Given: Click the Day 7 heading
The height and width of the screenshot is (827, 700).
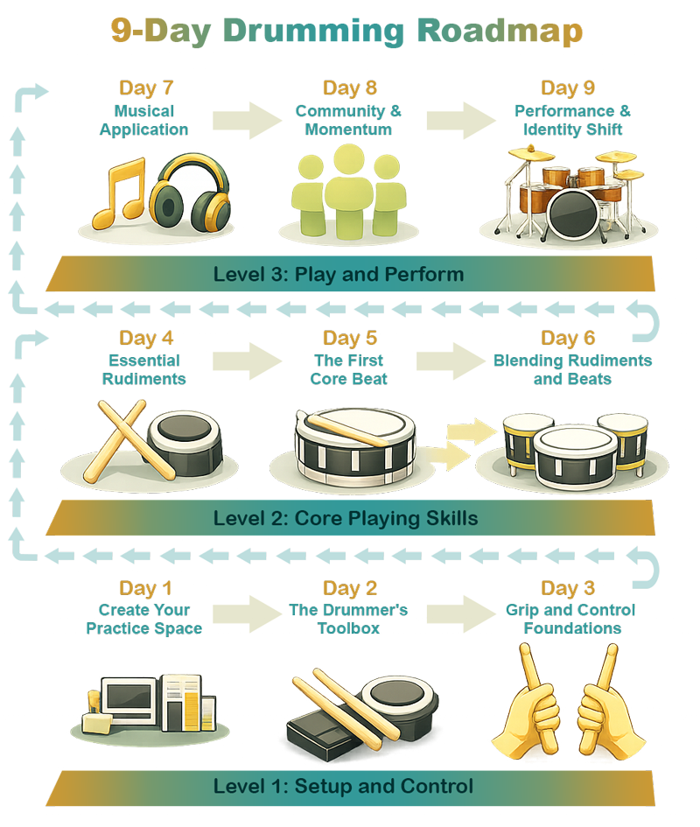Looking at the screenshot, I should (x=147, y=88).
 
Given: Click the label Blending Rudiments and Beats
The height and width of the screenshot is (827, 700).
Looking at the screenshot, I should (x=572, y=369).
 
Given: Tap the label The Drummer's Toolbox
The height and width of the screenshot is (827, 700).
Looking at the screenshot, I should (x=349, y=619).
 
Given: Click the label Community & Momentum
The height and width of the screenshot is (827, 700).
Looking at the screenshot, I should (x=348, y=120).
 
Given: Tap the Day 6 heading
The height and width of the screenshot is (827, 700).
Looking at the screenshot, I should (x=569, y=338).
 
